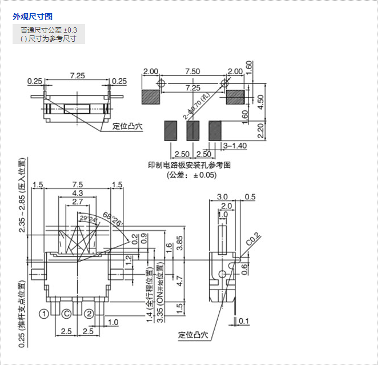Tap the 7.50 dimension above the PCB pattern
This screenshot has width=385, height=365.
pyautogui.click(x=192, y=71)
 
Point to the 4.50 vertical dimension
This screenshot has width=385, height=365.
pyautogui.click(x=260, y=101)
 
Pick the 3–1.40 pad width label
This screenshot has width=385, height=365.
pyautogui.click(x=234, y=146)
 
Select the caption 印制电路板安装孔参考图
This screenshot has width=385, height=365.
pyautogui.click(x=189, y=165)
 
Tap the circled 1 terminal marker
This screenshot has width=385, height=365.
pyautogui.click(x=43, y=313)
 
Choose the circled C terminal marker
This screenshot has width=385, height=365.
pyautogui.click(x=67, y=313)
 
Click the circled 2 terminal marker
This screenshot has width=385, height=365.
pyautogui.click(x=89, y=313)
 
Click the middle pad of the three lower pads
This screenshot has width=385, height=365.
pyautogui.click(x=192, y=130)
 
